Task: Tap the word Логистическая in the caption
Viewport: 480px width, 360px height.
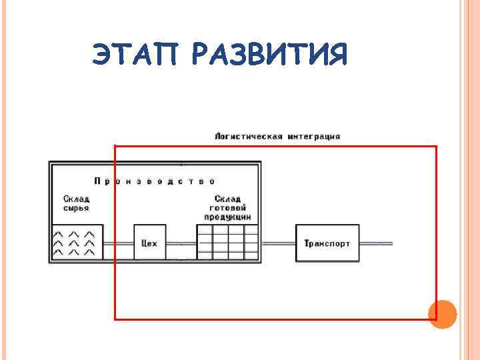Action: point(248,136)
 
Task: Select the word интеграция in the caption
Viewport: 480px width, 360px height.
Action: point(315,136)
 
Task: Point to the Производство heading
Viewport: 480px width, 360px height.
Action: point(155,181)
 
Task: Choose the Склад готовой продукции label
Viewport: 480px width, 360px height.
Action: point(228,208)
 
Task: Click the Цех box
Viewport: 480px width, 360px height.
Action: point(150,243)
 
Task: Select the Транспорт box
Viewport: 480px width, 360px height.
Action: point(327,243)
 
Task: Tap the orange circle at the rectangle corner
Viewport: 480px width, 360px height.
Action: point(441,313)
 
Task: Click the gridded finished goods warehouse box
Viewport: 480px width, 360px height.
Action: point(228,242)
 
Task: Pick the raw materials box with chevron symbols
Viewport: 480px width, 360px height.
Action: point(78,243)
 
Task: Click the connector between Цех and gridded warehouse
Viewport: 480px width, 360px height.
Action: point(182,243)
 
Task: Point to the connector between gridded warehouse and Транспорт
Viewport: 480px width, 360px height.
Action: point(278,243)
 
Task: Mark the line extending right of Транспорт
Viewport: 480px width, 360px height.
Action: point(376,243)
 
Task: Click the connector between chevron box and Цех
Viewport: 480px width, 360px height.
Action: point(119,243)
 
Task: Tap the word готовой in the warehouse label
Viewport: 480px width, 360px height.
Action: point(228,208)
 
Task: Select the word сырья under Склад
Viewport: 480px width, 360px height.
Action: point(76,208)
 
